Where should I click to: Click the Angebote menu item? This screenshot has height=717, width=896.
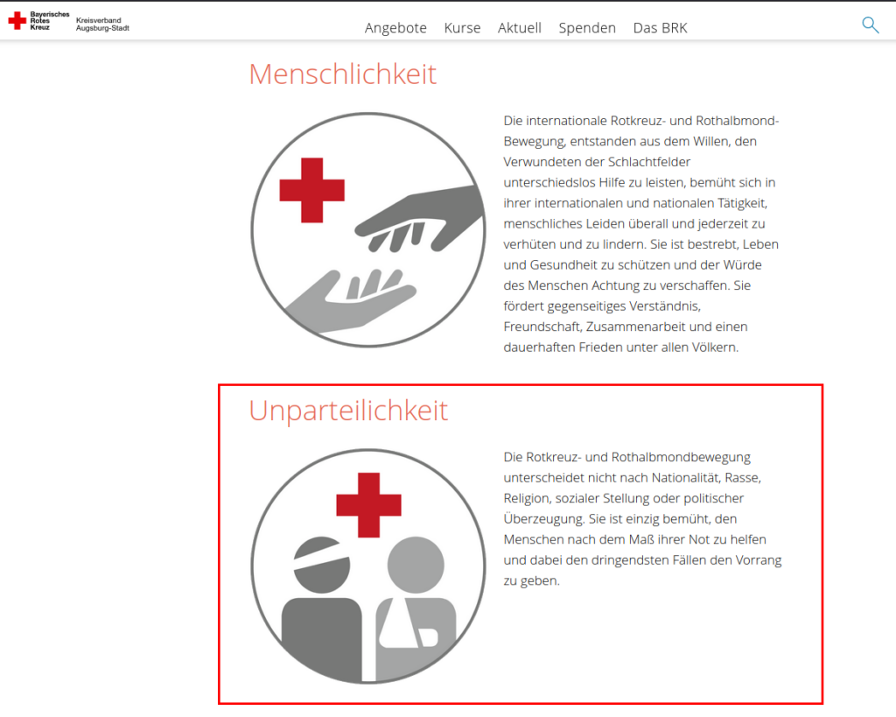click(395, 28)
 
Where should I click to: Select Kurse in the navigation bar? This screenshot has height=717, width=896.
click(462, 28)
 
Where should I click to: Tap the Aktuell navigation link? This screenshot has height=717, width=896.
click(520, 28)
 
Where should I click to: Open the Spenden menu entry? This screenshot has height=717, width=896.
click(587, 28)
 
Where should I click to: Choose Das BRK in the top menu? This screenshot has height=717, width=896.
click(660, 28)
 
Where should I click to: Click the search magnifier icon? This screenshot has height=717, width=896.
click(871, 25)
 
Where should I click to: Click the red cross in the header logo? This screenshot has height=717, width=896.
click(17, 21)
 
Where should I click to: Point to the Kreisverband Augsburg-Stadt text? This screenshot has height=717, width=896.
click(103, 24)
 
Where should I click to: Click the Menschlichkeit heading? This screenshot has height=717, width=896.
click(343, 74)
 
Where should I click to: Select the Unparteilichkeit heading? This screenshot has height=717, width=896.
click(348, 411)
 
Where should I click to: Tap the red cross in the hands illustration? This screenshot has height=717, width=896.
click(312, 190)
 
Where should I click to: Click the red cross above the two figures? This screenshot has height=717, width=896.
click(368, 505)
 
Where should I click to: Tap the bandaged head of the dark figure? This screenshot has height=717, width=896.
click(322, 565)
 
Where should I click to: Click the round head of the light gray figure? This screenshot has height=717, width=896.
click(416, 565)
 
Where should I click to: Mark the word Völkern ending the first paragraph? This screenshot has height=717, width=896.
click(714, 347)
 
